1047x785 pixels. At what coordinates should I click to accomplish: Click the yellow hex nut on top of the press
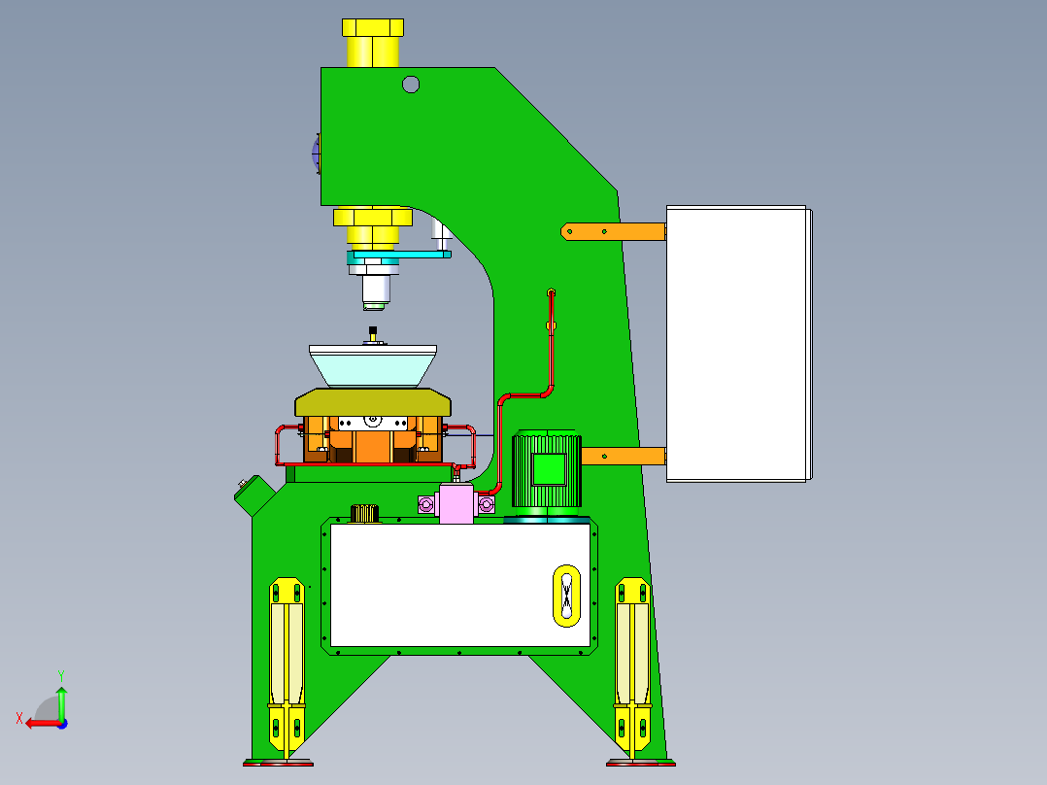tap(372, 43)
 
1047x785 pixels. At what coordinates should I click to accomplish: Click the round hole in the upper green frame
tap(411, 85)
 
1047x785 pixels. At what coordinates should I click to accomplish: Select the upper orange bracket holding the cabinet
tap(613, 231)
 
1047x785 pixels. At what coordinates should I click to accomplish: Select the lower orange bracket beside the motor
tap(623, 456)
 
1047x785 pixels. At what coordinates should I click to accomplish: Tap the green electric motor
tap(547, 469)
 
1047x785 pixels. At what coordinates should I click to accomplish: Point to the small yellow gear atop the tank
tap(363, 513)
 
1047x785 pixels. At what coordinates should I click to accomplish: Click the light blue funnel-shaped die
tap(373, 366)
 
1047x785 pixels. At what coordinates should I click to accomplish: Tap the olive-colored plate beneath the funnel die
tap(373, 401)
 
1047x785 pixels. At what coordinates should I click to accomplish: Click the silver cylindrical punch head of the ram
tap(375, 290)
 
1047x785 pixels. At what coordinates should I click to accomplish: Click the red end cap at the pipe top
tap(551, 292)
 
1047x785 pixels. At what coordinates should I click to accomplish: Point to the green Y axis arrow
tap(61, 698)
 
